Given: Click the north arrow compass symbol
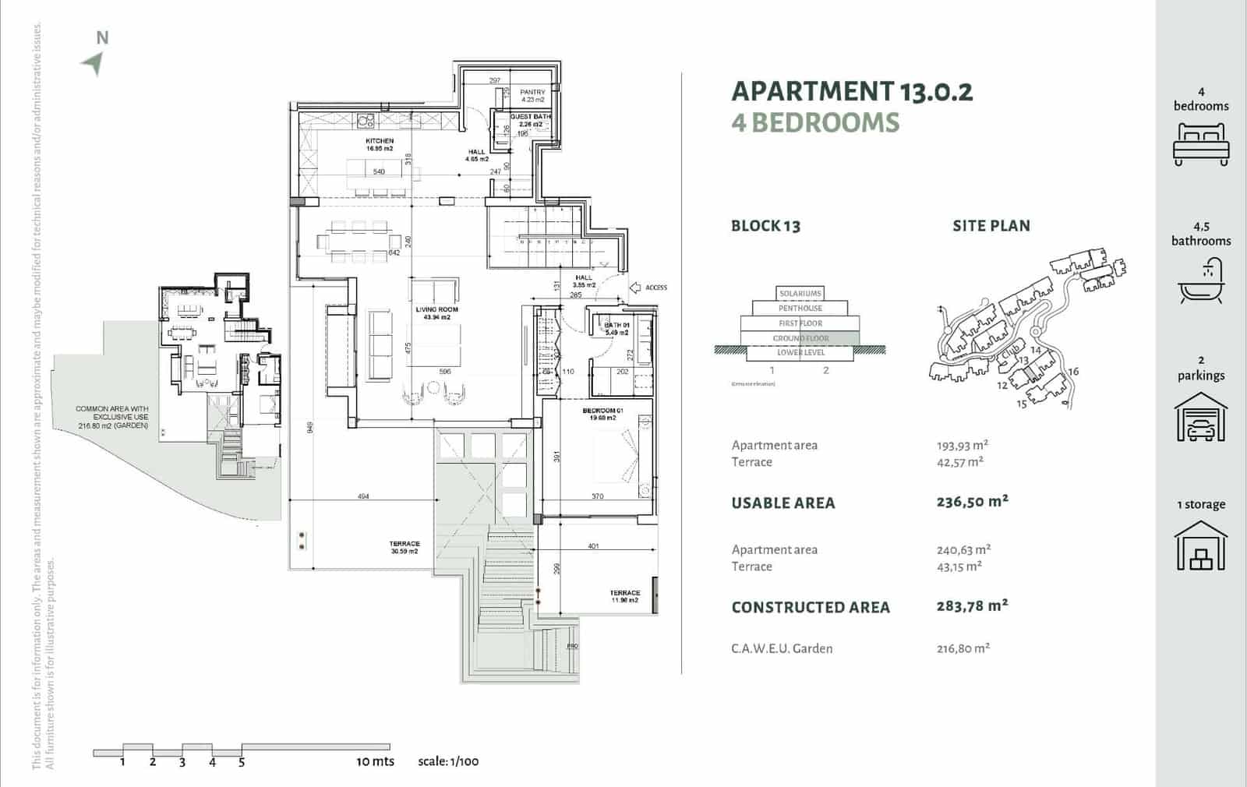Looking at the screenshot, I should (x=94, y=63).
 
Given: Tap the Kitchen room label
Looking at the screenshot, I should (x=380, y=144).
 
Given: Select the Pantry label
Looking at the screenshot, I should (x=533, y=95).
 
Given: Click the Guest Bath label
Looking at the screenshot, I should (x=530, y=120).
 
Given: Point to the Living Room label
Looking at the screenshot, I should (x=436, y=313).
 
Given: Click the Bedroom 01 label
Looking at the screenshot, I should (x=602, y=414).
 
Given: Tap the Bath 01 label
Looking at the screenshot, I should (x=616, y=328).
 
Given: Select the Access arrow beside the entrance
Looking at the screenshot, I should (x=634, y=288).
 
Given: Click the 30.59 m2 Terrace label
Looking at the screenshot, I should (x=404, y=547).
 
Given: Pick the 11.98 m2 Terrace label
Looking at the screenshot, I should (x=624, y=596).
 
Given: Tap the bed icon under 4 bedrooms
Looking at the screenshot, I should (x=1201, y=145).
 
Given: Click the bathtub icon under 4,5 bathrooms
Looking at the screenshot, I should (x=1201, y=281).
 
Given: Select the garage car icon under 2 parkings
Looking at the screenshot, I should (x=1201, y=418).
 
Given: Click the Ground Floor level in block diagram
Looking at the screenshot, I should (x=800, y=338).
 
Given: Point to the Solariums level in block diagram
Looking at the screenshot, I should (x=800, y=294).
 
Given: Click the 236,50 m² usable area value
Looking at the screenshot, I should (x=972, y=502).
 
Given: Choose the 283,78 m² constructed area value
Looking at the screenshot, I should (x=972, y=605).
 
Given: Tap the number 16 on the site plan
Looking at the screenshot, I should (x=1073, y=372).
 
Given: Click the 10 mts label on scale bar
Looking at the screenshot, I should (x=375, y=761).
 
